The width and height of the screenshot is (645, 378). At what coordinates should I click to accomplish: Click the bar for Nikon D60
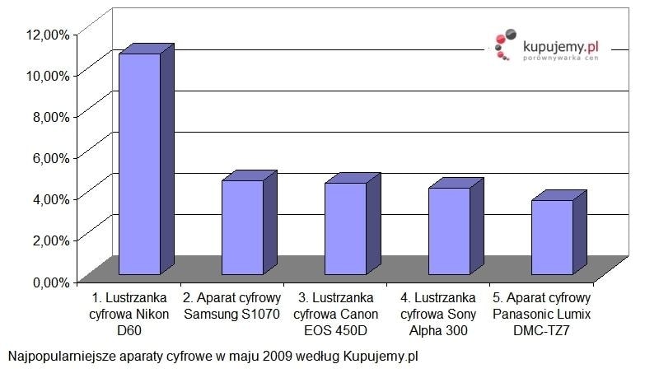tap(140, 164)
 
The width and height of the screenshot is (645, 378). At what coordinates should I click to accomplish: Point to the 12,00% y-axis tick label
tap(48, 34)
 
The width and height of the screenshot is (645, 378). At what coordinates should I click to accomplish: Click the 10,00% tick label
tap(48, 75)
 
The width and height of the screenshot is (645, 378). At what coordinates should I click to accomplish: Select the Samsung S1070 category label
tap(232, 306)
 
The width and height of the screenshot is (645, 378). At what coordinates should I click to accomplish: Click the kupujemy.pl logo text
tap(561, 49)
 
